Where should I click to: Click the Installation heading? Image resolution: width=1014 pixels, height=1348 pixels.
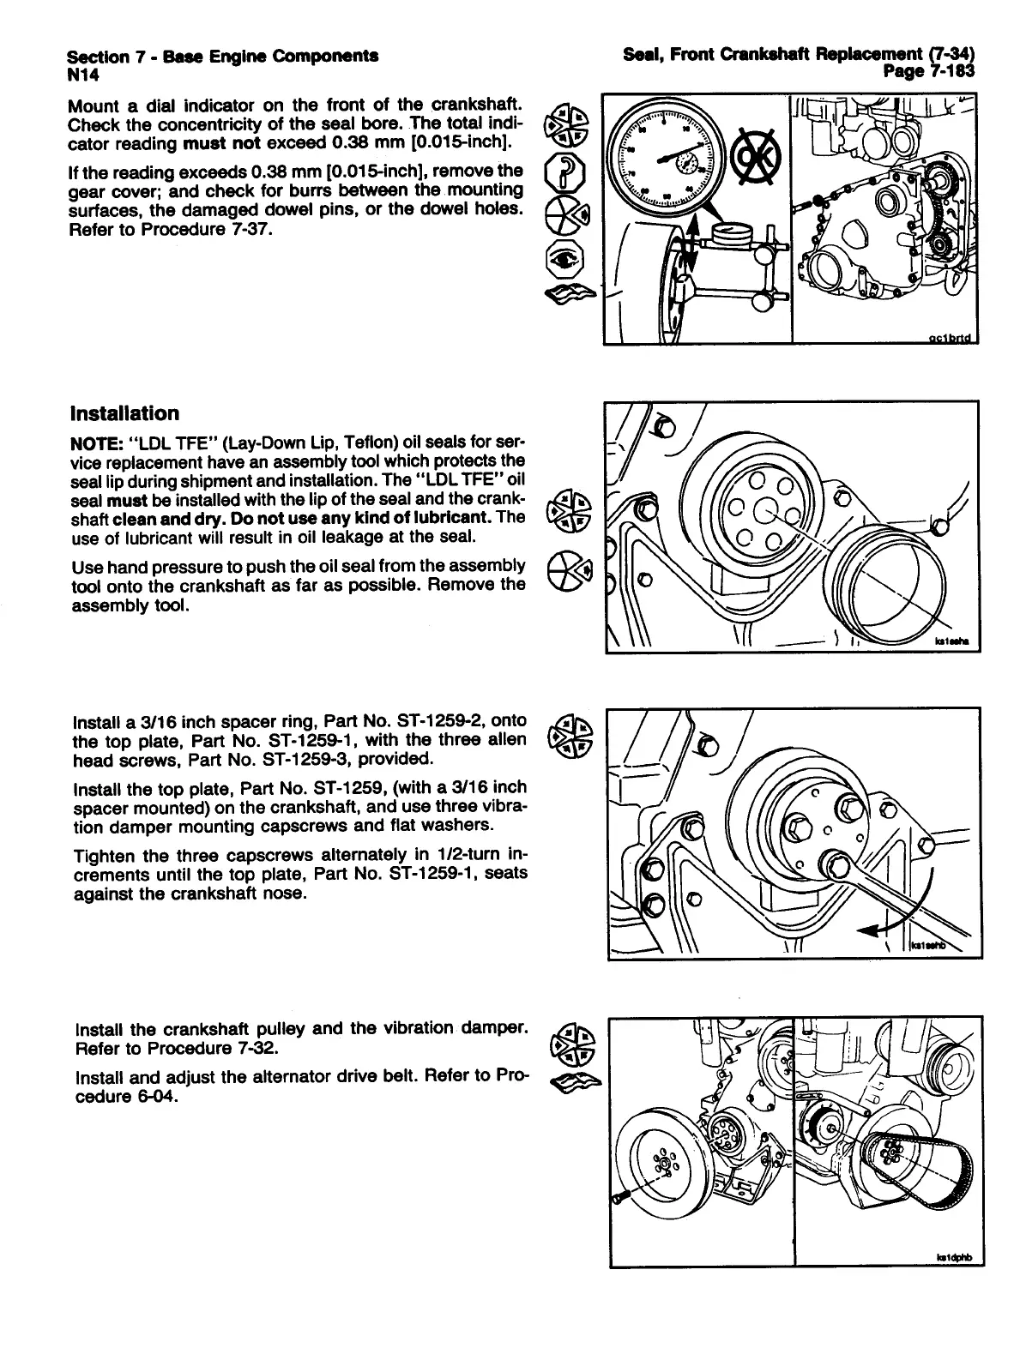pos(125,413)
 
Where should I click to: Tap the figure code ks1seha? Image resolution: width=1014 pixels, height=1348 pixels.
pos(953,641)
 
